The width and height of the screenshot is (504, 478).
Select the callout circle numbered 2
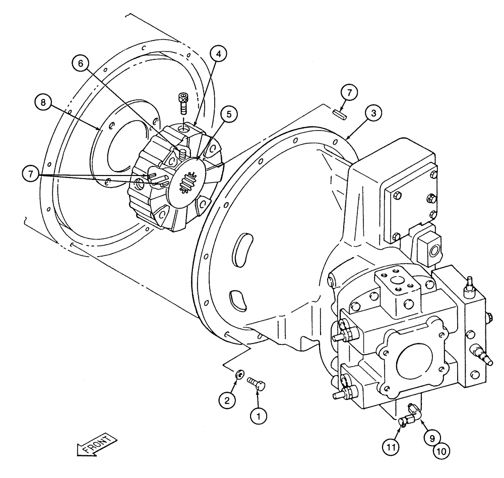pyautogui.click(x=227, y=400)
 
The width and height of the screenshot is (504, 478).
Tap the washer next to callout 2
pyautogui.click(x=239, y=373)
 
